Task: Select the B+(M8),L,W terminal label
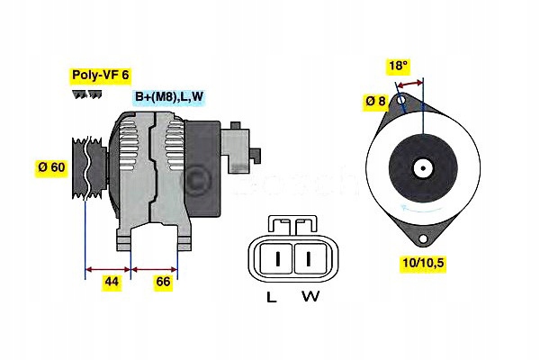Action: point(169,97)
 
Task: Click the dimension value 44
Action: point(112,283)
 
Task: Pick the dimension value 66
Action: point(164,283)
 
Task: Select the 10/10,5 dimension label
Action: point(420,263)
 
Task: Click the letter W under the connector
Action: point(309,297)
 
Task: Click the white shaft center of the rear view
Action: point(421,168)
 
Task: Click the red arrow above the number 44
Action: point(108,268)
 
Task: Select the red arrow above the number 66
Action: point(155,268)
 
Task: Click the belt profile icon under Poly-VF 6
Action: point(86,94)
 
